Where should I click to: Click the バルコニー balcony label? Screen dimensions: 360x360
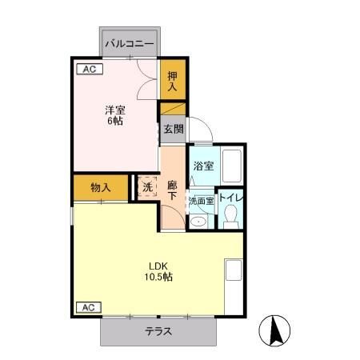coord(130,43)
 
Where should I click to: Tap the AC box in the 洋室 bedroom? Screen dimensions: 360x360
coord(90,69)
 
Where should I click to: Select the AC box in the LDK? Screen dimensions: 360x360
coord(89,307)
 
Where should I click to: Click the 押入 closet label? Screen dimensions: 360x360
coord(172,82)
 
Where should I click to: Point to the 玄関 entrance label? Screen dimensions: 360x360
coord(174,129)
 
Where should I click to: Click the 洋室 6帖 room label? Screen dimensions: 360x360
coord(115,115)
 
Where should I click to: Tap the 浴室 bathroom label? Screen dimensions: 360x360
coord(204,166)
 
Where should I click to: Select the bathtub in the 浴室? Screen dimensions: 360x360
coord(232,166)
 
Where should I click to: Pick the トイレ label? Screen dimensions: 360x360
coord(231,198)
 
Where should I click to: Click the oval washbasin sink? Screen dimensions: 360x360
coord(198,222)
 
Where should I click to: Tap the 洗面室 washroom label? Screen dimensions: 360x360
coord(202,201)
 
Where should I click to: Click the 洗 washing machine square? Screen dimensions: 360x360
coord(147,187)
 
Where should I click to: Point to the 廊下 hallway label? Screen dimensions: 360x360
coord(172,190)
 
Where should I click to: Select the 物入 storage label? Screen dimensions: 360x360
coord(101,188)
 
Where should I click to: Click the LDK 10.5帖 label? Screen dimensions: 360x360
coord(158,271)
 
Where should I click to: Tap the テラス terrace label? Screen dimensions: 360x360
coord(158,331)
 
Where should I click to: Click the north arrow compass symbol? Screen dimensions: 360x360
coord(274,330)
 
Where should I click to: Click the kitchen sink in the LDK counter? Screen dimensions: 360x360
coord(234,270)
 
